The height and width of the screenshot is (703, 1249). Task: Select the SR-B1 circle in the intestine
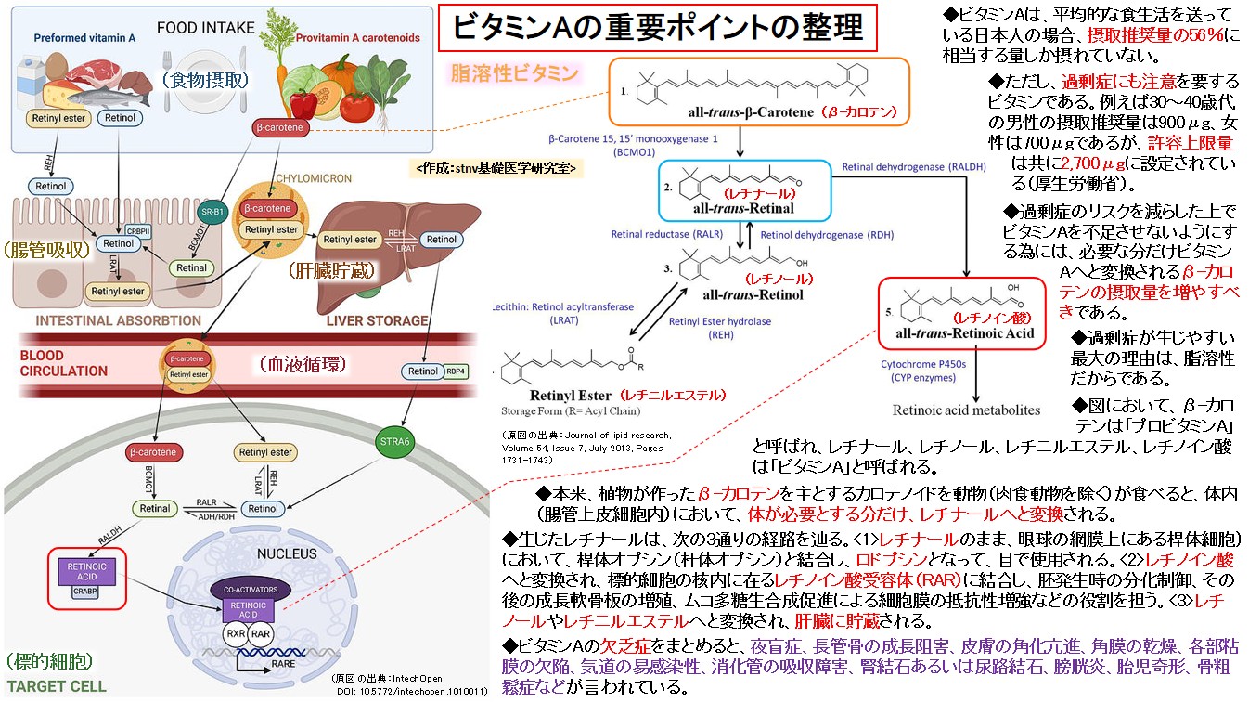(x=215, y=210)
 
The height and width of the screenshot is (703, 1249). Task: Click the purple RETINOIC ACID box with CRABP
(x=85, y=574)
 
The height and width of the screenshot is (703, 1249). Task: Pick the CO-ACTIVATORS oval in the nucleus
(x=246, y=589)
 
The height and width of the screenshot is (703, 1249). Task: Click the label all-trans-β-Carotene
(x=747, y=112)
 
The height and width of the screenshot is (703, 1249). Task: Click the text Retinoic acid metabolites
(x=966, y=410)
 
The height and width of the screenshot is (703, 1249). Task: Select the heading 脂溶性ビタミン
(x=514, y=72)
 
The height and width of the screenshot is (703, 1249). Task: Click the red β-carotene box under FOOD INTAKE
(x=279, y=130)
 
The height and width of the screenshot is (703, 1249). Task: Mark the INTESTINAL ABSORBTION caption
(x=118, y=320)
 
